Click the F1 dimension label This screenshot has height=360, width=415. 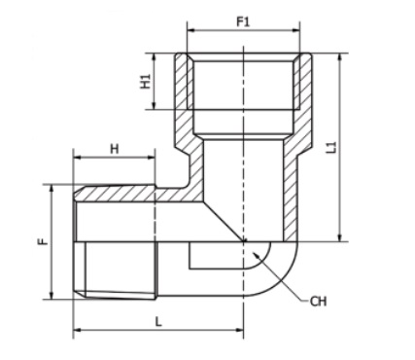tap(243, 22)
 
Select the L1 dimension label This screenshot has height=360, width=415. tap(331, 148)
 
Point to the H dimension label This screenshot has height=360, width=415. tap(115, 149)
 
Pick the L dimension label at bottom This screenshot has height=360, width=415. tap(158, 322)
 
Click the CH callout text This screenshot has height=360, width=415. tap(318, 302)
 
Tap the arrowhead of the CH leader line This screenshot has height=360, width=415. tap(258, 255)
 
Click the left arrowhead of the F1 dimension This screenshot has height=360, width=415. tap(191, 31)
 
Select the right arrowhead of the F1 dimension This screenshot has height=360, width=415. tap(296, 31)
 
